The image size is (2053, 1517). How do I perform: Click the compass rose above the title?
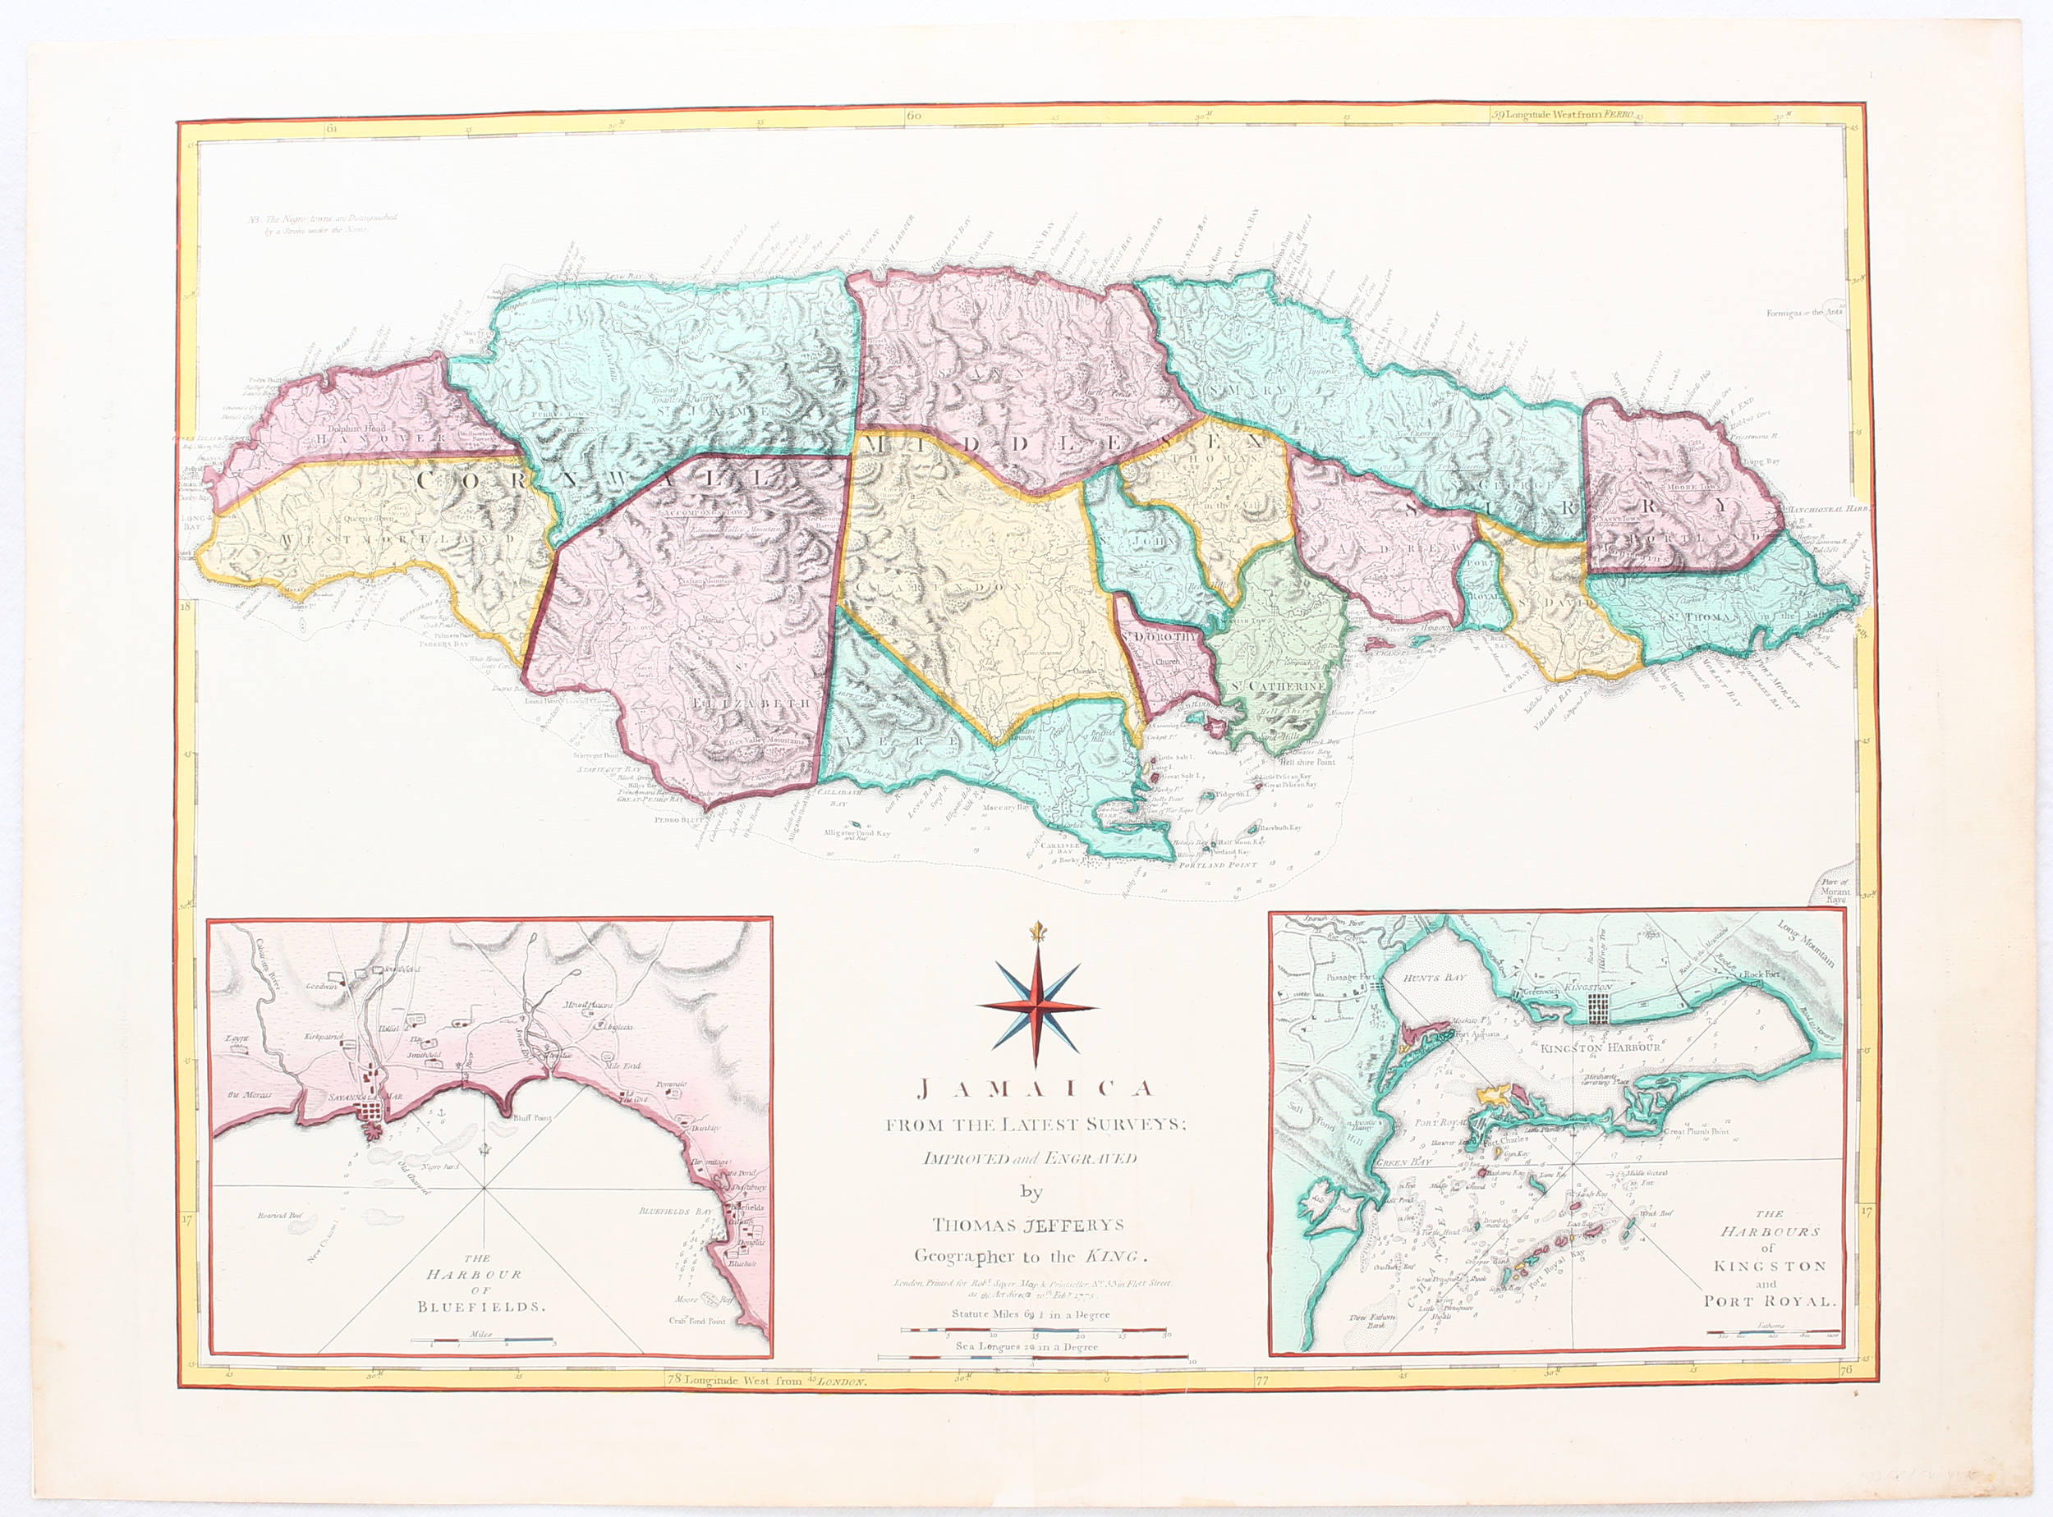click(x=1036, y=1006)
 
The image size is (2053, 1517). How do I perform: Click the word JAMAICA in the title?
click(x=1036, y=1090)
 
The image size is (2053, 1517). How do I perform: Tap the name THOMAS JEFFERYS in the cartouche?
click(x=1028, y=1225)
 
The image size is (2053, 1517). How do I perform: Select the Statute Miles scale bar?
click(x=1032, y=1329)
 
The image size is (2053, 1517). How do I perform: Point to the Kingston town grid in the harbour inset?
click(x=1599, y=1008)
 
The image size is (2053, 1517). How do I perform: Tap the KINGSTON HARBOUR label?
click(x=1601, y=1047)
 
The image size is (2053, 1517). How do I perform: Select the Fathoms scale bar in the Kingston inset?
click(x=1772, y=1332)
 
